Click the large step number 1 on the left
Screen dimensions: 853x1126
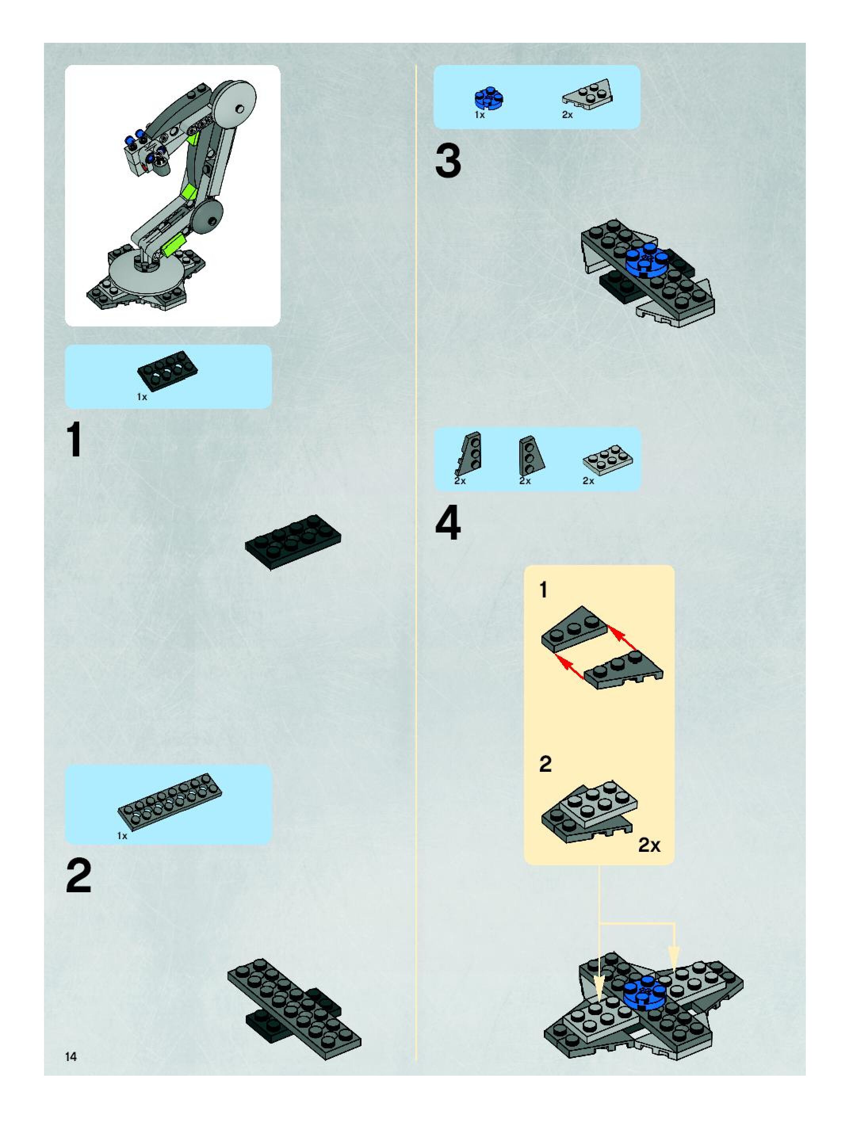click(x=75, y=441)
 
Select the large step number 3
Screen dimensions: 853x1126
click(x=448, y=161)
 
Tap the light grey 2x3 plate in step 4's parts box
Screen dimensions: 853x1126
click(x=608, y=460)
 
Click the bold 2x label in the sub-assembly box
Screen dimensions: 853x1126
click(x=649, y=845)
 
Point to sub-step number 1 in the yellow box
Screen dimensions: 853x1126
click(x=543, y=590)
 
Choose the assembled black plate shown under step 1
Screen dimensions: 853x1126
click(x=293, y=541)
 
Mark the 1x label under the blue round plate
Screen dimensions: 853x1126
click(x=480, y=115)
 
